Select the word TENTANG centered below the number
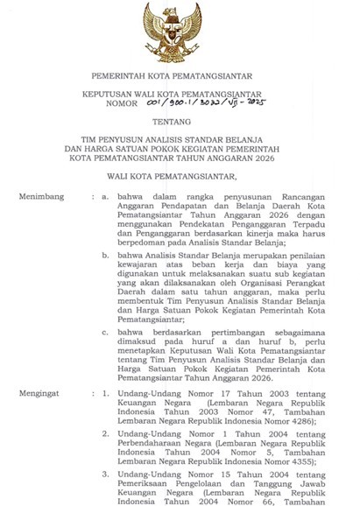pyautogui.click(x=180, y=123)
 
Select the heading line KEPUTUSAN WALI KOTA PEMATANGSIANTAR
pyautogui.click(x=180, y=91)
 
